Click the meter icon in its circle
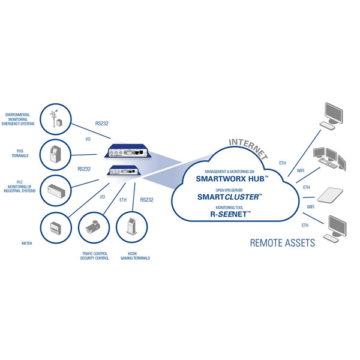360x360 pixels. (x=55, y=227)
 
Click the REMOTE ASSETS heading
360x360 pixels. (x=282, y=243)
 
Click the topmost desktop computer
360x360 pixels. (x=334, y=115)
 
